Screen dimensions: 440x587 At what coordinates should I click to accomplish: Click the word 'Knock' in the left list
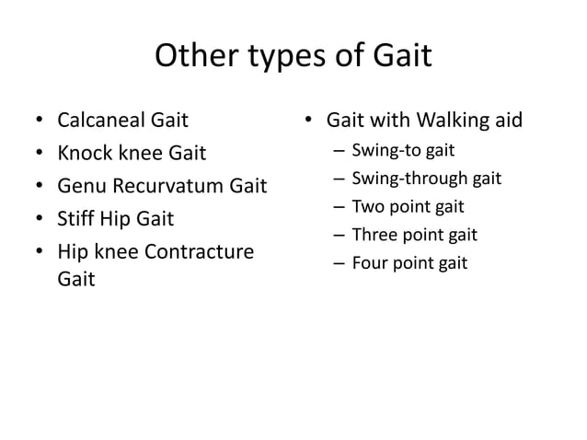[82, 153]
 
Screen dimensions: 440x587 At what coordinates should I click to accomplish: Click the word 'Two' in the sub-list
[367, 206]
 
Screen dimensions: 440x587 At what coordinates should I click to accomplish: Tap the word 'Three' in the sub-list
[374, 234]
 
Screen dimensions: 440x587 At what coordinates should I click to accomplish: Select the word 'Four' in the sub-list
[370, 263]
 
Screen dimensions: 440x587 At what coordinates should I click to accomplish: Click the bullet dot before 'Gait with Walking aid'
[311, 121]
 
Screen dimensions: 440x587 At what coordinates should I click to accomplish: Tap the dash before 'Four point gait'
[340, 264]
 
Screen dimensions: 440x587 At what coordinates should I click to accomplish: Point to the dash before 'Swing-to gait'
[340, 150]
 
